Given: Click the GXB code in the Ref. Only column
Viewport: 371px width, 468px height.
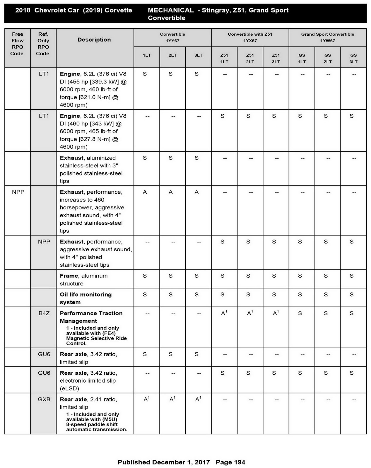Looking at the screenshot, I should pyautogui.click(x=44, y=399).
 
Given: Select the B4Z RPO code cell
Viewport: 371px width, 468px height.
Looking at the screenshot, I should pyautogui.click(x=44, y=313).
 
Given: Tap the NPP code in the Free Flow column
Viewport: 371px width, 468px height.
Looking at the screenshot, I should pyautogui.click(x=18, y=192).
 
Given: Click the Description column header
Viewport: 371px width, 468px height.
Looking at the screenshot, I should pyautogui.click(x=94, y=40).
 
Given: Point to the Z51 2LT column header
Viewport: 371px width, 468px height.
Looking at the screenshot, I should pyautogui.click(x=250, y=58).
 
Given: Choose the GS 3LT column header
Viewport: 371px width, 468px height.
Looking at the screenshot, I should pyautogui.click(x=353, y=58).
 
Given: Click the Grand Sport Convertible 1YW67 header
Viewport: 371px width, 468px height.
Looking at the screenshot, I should pyautogui.click(x=327, y=37).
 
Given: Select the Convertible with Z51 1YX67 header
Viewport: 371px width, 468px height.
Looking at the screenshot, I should pyautogui.click(x=250, y=37).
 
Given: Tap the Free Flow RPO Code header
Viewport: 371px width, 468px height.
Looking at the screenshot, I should pyautogui.click(x=17, y=44).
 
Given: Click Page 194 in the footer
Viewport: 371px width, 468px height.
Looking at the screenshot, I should pyautogui.click(x=230, y=462).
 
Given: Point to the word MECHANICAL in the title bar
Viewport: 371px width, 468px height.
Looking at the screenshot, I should pyautogui.click(x=171, y=10).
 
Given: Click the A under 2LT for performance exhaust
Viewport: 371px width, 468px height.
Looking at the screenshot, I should pyautogui.click(x=171, y=192).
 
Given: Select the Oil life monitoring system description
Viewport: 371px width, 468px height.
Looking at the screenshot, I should pyautogui.click(x=86, y=298).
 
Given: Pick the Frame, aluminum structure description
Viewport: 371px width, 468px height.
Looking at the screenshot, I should pyautogui.click(x=84, y=279).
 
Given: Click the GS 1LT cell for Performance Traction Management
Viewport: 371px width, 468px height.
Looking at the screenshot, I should pyautogui.click(x=300, y=313).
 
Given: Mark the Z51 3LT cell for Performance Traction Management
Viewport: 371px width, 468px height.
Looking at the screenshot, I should pyautogui.click(x=276, y=313).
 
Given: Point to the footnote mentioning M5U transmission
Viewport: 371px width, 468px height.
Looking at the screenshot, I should pyautogui.click(x=96, y=422).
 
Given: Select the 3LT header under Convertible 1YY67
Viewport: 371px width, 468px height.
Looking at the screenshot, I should pyautogui.click(x=198, y=55).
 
